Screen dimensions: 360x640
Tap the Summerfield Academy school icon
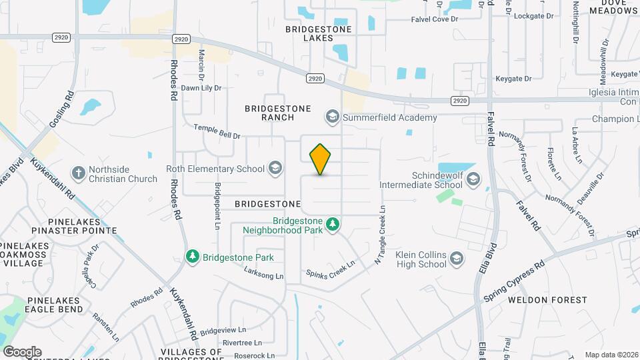tap(331, 117)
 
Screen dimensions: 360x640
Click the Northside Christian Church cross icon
tap(79, 173)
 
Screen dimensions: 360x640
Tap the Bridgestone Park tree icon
tap(193, 257)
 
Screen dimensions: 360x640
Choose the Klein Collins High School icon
tap(457, 259)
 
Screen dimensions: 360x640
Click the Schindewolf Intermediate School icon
tap(473, 179)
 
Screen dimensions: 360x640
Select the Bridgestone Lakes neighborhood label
tap(318, 34)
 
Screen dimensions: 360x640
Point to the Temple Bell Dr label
tap(217, 131)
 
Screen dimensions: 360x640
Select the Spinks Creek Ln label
tap(331, 269)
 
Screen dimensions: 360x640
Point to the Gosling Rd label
tap(59, 111)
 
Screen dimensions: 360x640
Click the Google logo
tap(22, 352)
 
